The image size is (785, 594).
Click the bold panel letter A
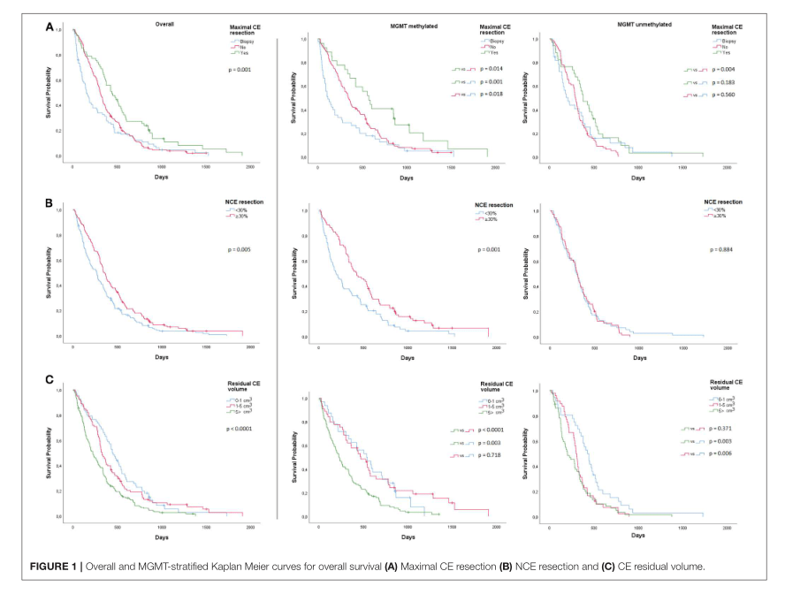click(x=50, y=28)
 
